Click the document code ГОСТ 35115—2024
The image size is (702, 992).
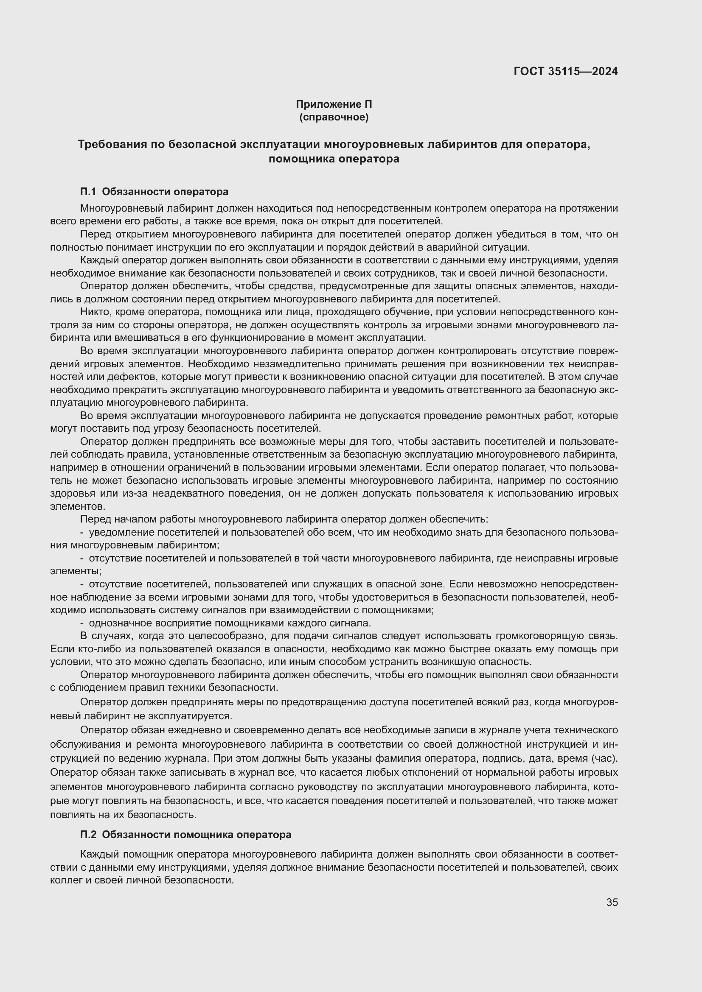coord(565,71)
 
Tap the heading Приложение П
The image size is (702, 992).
coord(334,104)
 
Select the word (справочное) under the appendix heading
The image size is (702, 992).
coord(334,117)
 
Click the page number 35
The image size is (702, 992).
coord(612,902)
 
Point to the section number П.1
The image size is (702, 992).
coord(89,191)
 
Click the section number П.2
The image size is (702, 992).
coord(89,834)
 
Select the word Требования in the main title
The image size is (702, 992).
coord(112,144)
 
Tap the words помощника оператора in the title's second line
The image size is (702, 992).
coord(334,159)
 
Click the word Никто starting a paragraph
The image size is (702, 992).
coord(93,312)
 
